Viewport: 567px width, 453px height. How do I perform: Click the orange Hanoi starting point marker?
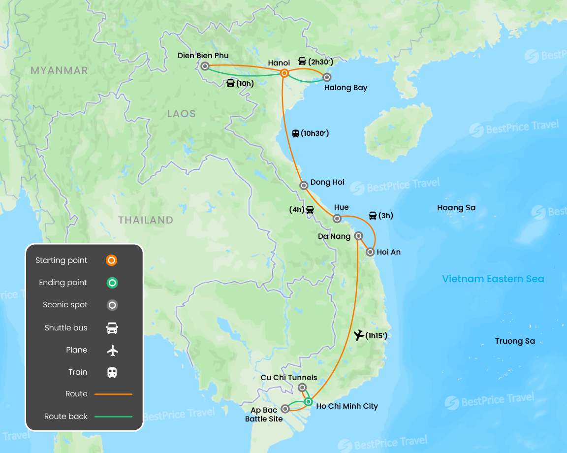tap(284, 73)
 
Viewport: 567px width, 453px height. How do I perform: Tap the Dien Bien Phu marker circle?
tap(205, 66)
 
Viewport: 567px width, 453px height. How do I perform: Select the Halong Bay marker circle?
tap(326, 77)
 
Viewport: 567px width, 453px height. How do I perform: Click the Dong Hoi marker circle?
tap(304, 186)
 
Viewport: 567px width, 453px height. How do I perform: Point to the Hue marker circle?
tap(337, 219)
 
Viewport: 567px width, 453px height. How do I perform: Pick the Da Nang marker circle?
tap(359, 235)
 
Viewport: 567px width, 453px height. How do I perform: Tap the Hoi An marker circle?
tap(370, 252)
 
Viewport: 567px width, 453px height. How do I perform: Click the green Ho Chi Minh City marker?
tap(308, 402)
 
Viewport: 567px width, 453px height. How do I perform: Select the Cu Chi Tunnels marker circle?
tap(302, 388)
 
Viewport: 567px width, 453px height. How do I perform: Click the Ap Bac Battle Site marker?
tap(285, 409)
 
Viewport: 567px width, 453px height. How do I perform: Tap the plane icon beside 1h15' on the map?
tap(359, 335)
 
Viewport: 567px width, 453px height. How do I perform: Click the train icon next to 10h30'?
tap(295, 133)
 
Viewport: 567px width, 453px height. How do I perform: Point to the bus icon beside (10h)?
tap(230, 83)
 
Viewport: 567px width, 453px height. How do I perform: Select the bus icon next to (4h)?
tap(310, 209)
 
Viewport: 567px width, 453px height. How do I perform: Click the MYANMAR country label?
tap(59, 70)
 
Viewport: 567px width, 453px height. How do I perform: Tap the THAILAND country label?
tap(146, 220)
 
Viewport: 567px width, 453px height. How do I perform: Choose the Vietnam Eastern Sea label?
tap(493, 279)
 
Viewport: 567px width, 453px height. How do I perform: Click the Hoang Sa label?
tap(456, 208)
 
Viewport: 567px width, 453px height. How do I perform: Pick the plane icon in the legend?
tap(113, 350)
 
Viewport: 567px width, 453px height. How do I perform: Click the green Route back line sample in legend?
tap(113, 417)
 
